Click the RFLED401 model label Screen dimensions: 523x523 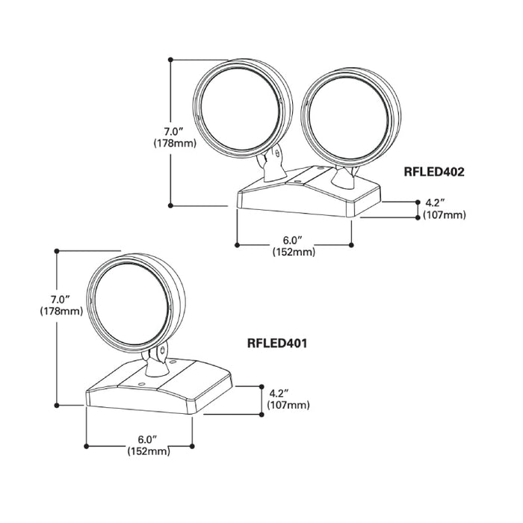pyautogui.click(x=278, y=344)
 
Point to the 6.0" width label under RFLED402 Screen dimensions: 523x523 pyautogui.click(x=293, y=241)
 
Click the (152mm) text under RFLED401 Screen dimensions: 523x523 pyautogui.click(x=146, y=451)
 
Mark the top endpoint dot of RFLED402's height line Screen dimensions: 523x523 pyautogui.click(x=171, y=58)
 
